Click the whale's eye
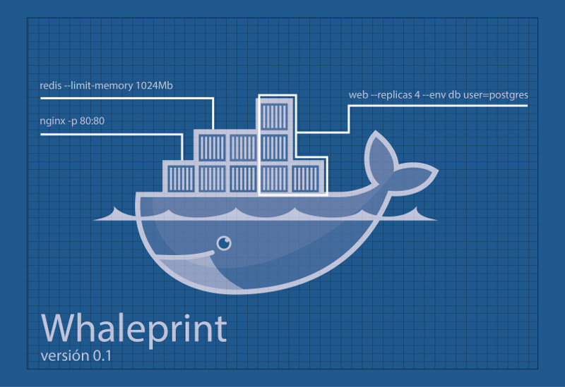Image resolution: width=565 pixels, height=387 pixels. click(224, 243)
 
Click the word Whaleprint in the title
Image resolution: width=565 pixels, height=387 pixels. click(134, 327)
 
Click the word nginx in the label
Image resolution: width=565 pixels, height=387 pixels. click(53, 121)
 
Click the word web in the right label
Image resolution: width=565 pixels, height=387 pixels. click(359, 94)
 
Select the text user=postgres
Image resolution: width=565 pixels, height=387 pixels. click(495, 94)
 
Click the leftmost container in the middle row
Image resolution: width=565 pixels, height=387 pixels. click(211, 146)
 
